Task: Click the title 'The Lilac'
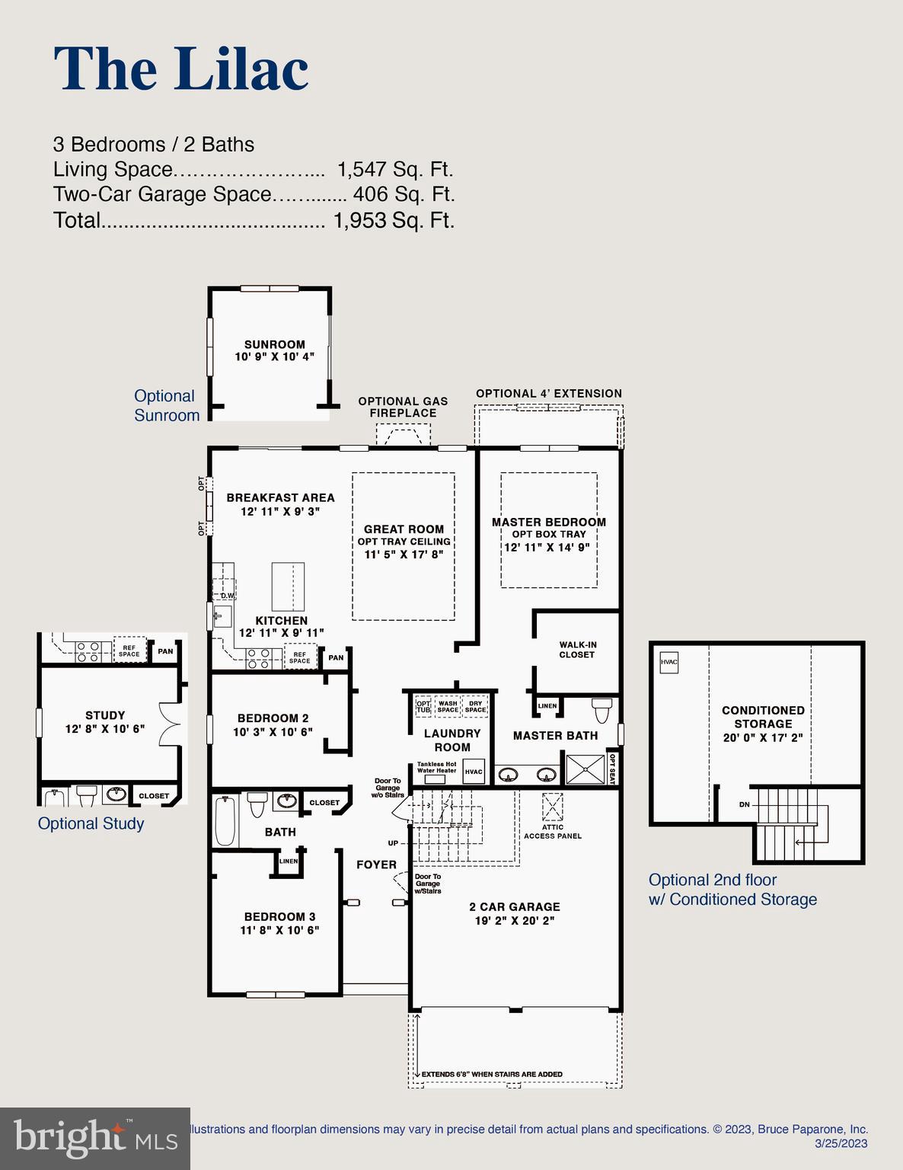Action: point(181,69)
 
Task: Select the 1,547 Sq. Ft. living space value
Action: point(394,169)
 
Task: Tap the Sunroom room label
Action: point(274,344)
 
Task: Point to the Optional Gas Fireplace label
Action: point(403,407)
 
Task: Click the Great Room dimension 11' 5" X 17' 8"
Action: point(404,555)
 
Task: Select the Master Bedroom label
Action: point(548,522)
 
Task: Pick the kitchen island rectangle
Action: point(288,587)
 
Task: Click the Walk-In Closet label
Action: point(577,650)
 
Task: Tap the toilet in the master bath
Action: point(601,710)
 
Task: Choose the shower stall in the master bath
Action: point(585,769)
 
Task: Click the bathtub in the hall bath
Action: point(225,821)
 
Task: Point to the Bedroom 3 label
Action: point(279,916)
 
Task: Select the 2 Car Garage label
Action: point(514,906)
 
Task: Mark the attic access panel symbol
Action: point(552,806)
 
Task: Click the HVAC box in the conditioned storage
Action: point(668,662)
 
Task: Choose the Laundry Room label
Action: point(452,740)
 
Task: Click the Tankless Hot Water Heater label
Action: point(436,767)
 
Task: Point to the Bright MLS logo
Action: point(94,1139)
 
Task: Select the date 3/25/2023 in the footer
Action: point(841,1143)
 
